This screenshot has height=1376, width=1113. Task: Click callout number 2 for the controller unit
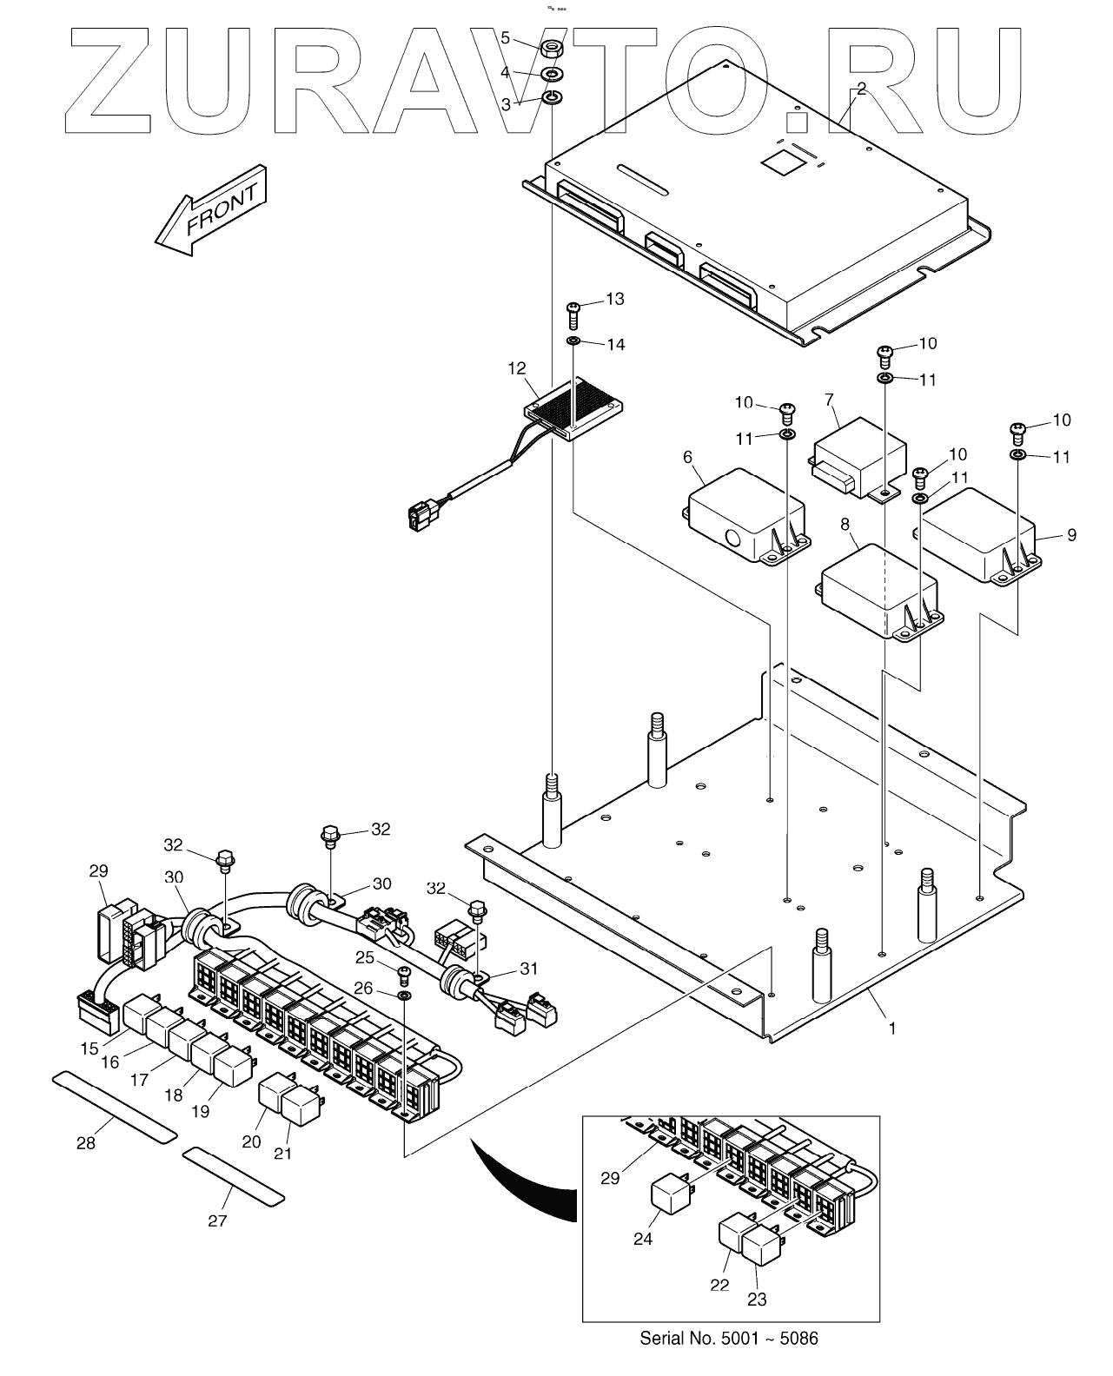pos(861,88)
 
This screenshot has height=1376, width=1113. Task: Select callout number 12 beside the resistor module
pos(519,368)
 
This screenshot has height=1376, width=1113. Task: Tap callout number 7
pos(829,400)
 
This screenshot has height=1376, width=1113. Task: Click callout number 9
pos(1071,535)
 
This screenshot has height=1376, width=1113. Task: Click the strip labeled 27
pos(234,1174)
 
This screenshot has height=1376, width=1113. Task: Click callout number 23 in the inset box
pos(758,1299)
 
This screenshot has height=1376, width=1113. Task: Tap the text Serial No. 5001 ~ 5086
pos(728,1338)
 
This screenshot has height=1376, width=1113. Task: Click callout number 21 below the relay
pos(282,1153)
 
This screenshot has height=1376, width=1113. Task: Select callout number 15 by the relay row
pos(90,1049)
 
